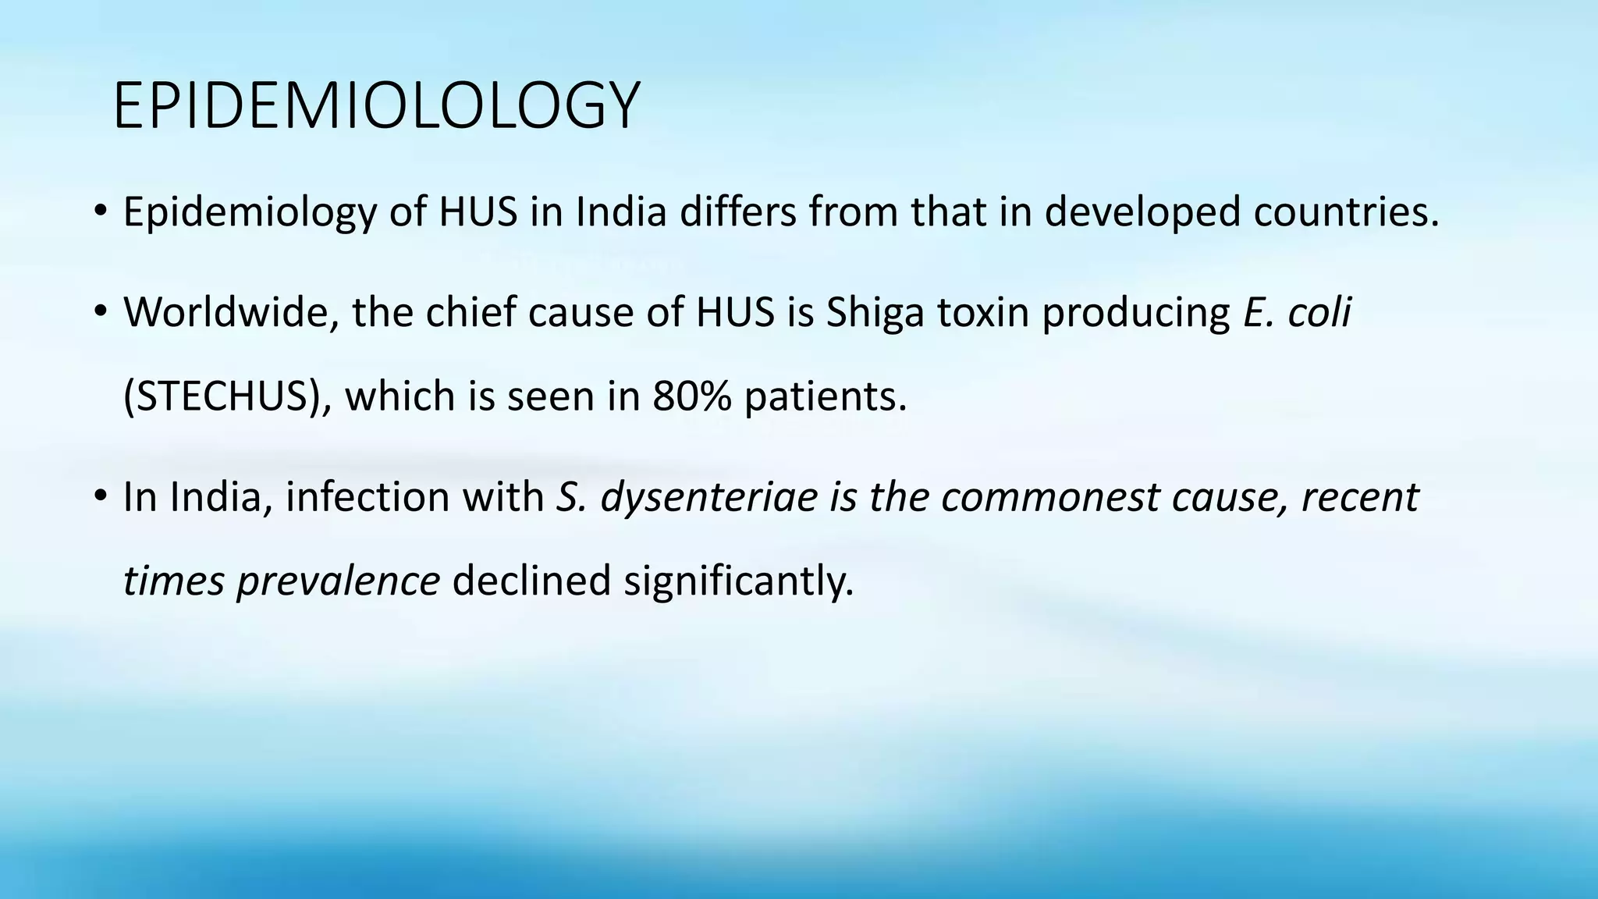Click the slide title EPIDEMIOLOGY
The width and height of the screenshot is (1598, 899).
tap(376, 105)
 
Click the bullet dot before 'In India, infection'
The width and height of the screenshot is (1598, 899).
tap(99, 496)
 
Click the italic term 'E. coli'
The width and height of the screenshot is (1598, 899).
tap(1297, 312)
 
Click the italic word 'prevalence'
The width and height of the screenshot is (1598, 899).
tap(338, 581)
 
